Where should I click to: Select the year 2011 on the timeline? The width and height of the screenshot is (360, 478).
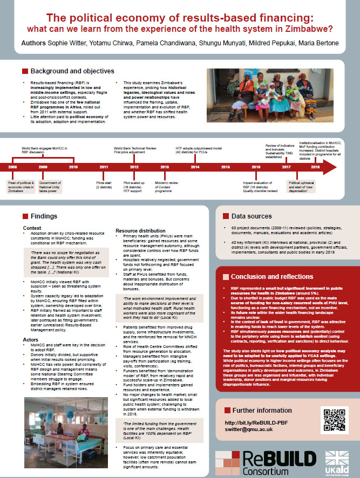pyautogui.click(x=104, y=168)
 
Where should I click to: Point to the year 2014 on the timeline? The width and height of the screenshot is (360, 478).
pyautogui.click(x=195, y=168)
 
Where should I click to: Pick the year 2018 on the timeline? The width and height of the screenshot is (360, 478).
pyautogui.click(x=315, y=168)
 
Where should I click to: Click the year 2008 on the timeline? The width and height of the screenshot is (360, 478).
pyautogui.click(x=13, y=168)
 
